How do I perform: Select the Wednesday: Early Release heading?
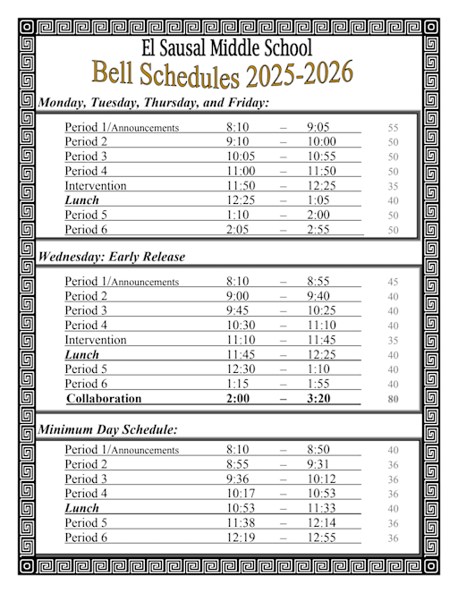(112, 257)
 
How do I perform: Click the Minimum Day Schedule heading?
(107, 430)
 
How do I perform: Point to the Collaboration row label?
(104, 399)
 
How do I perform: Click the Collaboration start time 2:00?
(237, 399)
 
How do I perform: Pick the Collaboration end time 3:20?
(319, 399)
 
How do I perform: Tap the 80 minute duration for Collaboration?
(393, 400)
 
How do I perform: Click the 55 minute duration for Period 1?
(393, 128)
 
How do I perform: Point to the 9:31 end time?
(320, 464)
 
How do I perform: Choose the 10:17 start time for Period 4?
(241, 494)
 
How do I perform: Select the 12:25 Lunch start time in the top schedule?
(241, 200)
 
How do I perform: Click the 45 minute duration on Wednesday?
(393, 283)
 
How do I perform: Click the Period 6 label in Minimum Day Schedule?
(86, 538)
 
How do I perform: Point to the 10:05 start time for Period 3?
(241, 157)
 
